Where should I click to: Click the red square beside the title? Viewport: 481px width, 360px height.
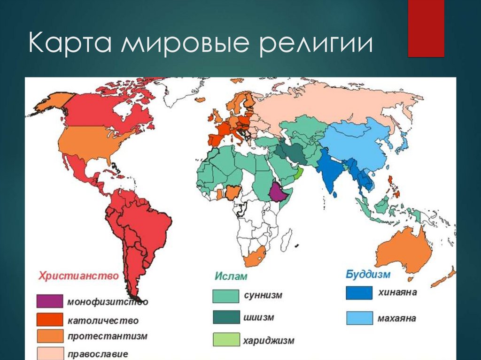click(426, 29)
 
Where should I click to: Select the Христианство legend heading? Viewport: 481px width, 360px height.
click(78, 276)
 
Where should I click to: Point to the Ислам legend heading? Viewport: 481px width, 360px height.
click(231, 276)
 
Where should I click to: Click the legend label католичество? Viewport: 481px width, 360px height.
click(103, 321)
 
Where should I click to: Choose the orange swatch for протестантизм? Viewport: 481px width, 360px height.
click(50, 336)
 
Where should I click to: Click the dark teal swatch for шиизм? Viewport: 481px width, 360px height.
click(226, 317)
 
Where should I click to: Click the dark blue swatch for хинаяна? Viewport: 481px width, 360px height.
click(359, 293)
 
